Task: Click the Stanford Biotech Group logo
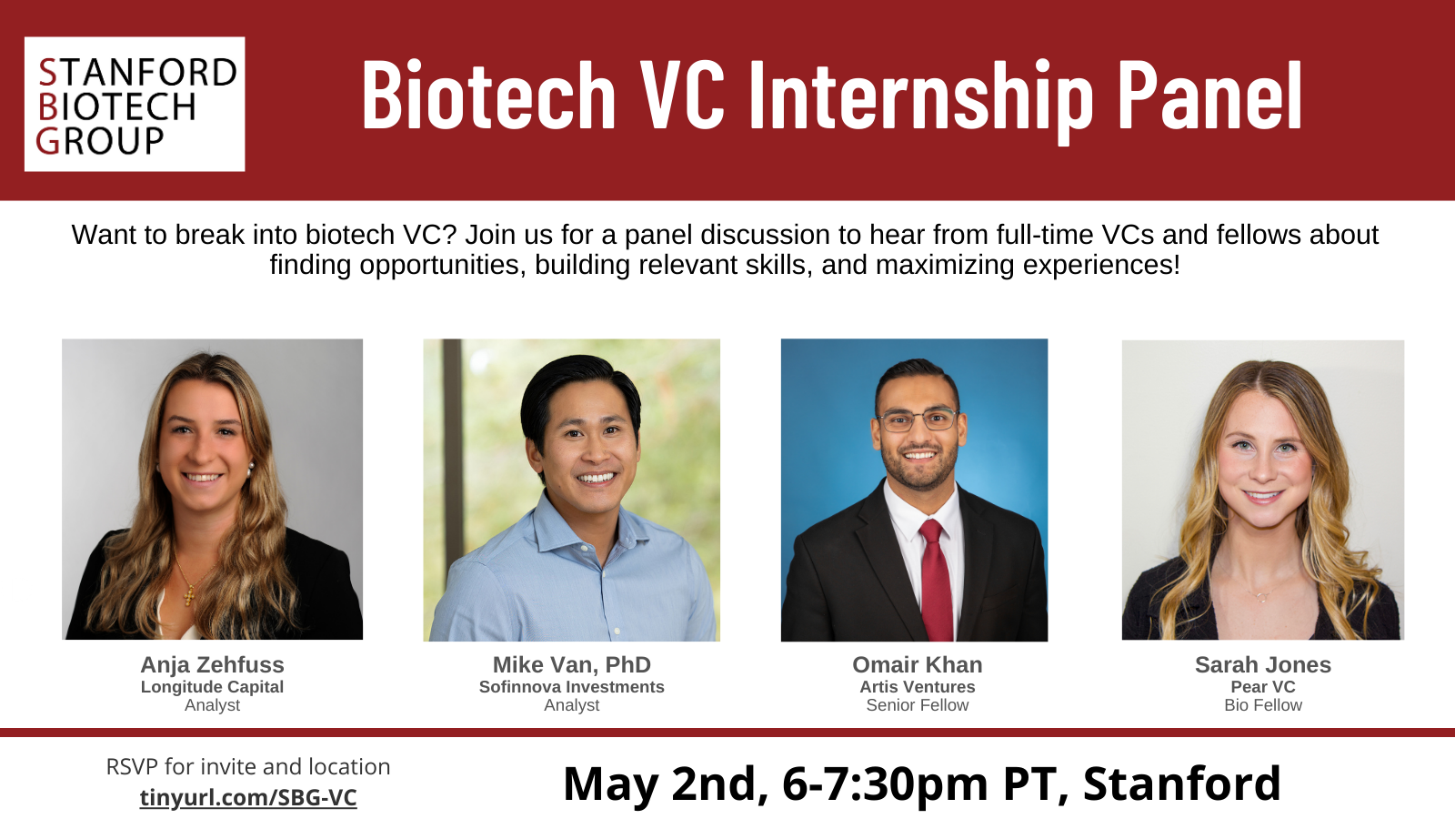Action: (x=135, y=105)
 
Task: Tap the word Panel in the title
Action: (x=1209, y=95)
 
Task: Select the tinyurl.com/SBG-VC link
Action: (x=248, y=797)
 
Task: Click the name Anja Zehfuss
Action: (x=212, y=665)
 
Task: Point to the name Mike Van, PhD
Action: (x=571, y=665)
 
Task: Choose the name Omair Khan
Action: (x=917, y=665)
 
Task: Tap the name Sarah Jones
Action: (x=1262, y=665)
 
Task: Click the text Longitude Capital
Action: (x=212, y=687)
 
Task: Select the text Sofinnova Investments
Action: (x=571, y=687)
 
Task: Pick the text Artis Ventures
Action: (x=917, y=687)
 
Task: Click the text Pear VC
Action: (x=1262, y=687)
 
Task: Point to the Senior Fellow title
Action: (x=917, y=705)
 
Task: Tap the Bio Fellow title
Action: (x=1262, y=705)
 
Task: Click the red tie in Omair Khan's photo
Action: (x=935, y=582)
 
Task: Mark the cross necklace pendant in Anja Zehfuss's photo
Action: (x=190, y=596)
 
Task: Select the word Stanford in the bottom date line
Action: (x=1181, y=784)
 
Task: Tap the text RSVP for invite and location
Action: (x=248, y=767)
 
